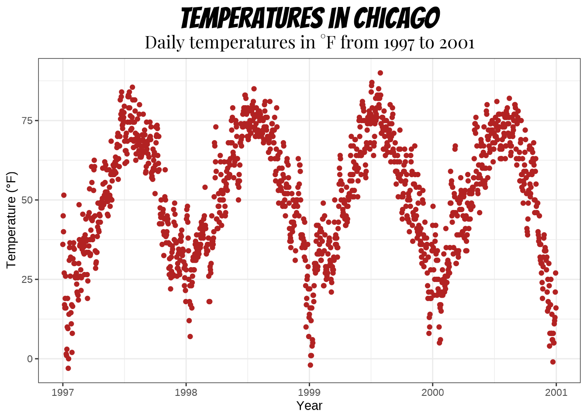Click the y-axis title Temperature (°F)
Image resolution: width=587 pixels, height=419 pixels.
[11, 220]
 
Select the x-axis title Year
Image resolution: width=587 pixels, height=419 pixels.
[309, 405]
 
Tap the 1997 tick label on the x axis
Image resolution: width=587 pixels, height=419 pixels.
[62, 392]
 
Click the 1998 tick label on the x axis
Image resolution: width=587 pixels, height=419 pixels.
[186, 392]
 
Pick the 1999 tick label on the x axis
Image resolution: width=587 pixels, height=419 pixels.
[309, 392]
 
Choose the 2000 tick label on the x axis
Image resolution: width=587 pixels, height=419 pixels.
[432, 392]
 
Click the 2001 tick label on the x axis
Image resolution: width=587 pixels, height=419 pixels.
[556, 392]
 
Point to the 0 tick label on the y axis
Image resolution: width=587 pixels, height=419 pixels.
[30, 359]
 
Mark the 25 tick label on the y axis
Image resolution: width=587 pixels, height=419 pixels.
[27, 279]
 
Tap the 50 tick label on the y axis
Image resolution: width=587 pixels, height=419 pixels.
[27, 200]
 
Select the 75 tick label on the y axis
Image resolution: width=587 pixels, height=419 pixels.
[27, 120]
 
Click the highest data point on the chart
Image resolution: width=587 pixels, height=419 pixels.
[380, 73]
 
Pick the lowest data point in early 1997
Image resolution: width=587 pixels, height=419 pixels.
[68, 368]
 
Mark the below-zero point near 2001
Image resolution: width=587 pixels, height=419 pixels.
[553, 362]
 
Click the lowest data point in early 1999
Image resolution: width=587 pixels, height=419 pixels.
[310, 365]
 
